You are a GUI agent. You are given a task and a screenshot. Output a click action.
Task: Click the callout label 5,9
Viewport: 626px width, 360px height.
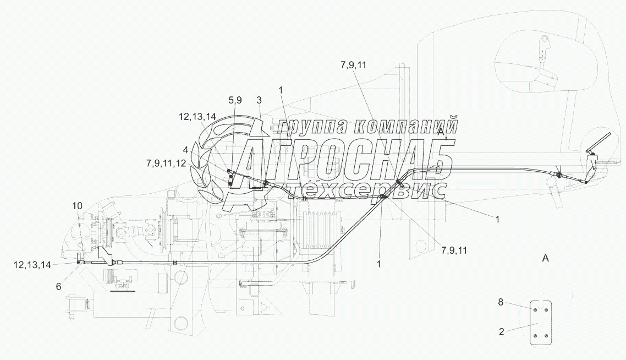click(235, 100)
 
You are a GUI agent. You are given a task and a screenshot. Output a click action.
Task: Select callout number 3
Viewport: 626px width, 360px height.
click(259, 100)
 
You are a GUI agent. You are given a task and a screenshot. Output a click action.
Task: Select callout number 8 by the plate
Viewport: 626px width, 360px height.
click(501, 302)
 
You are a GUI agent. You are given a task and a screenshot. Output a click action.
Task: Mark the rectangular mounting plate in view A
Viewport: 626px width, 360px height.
click(539, 323)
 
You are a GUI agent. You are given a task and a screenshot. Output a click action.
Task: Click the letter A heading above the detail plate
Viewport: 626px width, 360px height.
click(545, 258)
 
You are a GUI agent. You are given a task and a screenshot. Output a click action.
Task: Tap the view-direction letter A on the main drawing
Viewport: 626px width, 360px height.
click(441, 132)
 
